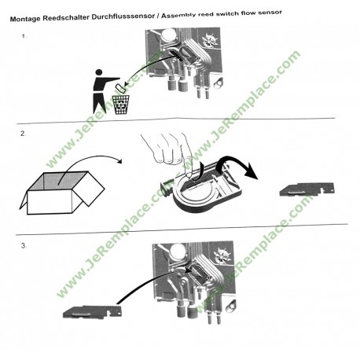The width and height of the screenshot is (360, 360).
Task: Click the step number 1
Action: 24,35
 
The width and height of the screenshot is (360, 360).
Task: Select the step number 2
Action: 24,134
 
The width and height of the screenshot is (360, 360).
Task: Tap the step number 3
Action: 24,246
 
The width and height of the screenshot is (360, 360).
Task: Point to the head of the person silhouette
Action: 98,73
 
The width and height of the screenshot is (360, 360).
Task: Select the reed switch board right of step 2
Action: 307,190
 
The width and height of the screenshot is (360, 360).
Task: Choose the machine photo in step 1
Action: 189,67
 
